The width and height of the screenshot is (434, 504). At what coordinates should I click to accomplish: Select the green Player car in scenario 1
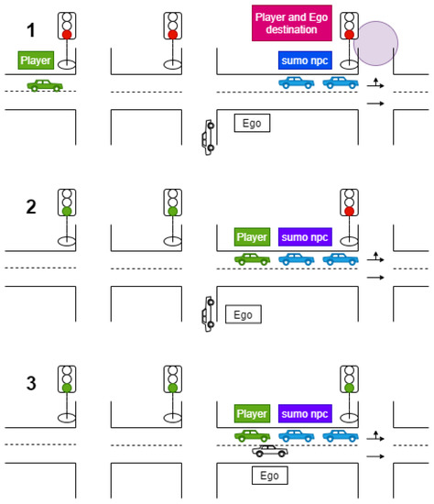pyautogui.click(x=44, y=85)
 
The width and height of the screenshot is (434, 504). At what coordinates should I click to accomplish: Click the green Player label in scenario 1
pyautogui.click(x=36, y=60)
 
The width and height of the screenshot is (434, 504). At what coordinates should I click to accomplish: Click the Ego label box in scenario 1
pyautogui.click(x=253, y=121)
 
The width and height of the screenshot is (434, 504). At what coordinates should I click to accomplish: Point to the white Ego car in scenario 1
pyautogui.click(x=210, y=135)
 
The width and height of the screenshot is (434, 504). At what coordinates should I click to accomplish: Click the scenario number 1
pyautogui.click(x=31, y=30)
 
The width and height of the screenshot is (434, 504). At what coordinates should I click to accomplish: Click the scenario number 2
pyautogui.click(x=31, y=206)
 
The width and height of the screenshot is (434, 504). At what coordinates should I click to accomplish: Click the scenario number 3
pyautogui.click(x=31, y=382)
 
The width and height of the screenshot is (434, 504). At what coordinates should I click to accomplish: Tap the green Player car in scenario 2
pyautogui.click(x=252, y=259)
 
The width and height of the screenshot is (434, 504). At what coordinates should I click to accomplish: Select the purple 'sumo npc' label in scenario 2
pyautogui.click(x=304, y=236)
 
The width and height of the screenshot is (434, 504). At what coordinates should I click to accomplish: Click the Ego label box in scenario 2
pyautogui.click(x=243, y=314)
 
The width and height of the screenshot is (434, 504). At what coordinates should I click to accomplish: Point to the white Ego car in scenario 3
pyautogui.click(x=270, y=451)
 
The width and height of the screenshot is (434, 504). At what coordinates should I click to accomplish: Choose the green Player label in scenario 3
pyautogui.click(x=252, y=413)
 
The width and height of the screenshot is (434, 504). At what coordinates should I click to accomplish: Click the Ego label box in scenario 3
pyautogui.click(x=269, y=476)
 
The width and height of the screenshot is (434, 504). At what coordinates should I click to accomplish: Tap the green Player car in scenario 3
pyautogui.click(x=252, y=436)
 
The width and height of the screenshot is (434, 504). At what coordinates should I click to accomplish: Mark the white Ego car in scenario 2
pyautogui.click(x=210, y=312)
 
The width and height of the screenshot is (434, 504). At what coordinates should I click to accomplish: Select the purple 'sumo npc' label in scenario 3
pyautogui.click(x=304, y=413)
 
